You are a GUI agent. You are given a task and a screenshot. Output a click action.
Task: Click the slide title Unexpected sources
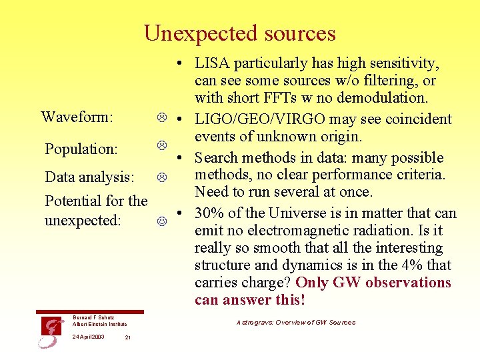[240, 33]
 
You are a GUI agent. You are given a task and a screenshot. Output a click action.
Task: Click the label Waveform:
[76, 117]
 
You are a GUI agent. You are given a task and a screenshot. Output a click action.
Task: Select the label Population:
[81, 149]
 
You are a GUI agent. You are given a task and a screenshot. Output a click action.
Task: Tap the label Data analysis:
[89, 178]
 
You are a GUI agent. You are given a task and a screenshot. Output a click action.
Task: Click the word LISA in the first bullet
[211, 64]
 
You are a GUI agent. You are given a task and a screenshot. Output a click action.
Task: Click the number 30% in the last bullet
[209, 214]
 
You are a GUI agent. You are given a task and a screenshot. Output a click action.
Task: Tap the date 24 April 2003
[88, 337]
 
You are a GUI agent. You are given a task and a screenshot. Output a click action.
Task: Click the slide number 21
[128, 337]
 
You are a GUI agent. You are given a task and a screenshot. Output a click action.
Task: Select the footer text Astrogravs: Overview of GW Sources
[296, 323]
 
